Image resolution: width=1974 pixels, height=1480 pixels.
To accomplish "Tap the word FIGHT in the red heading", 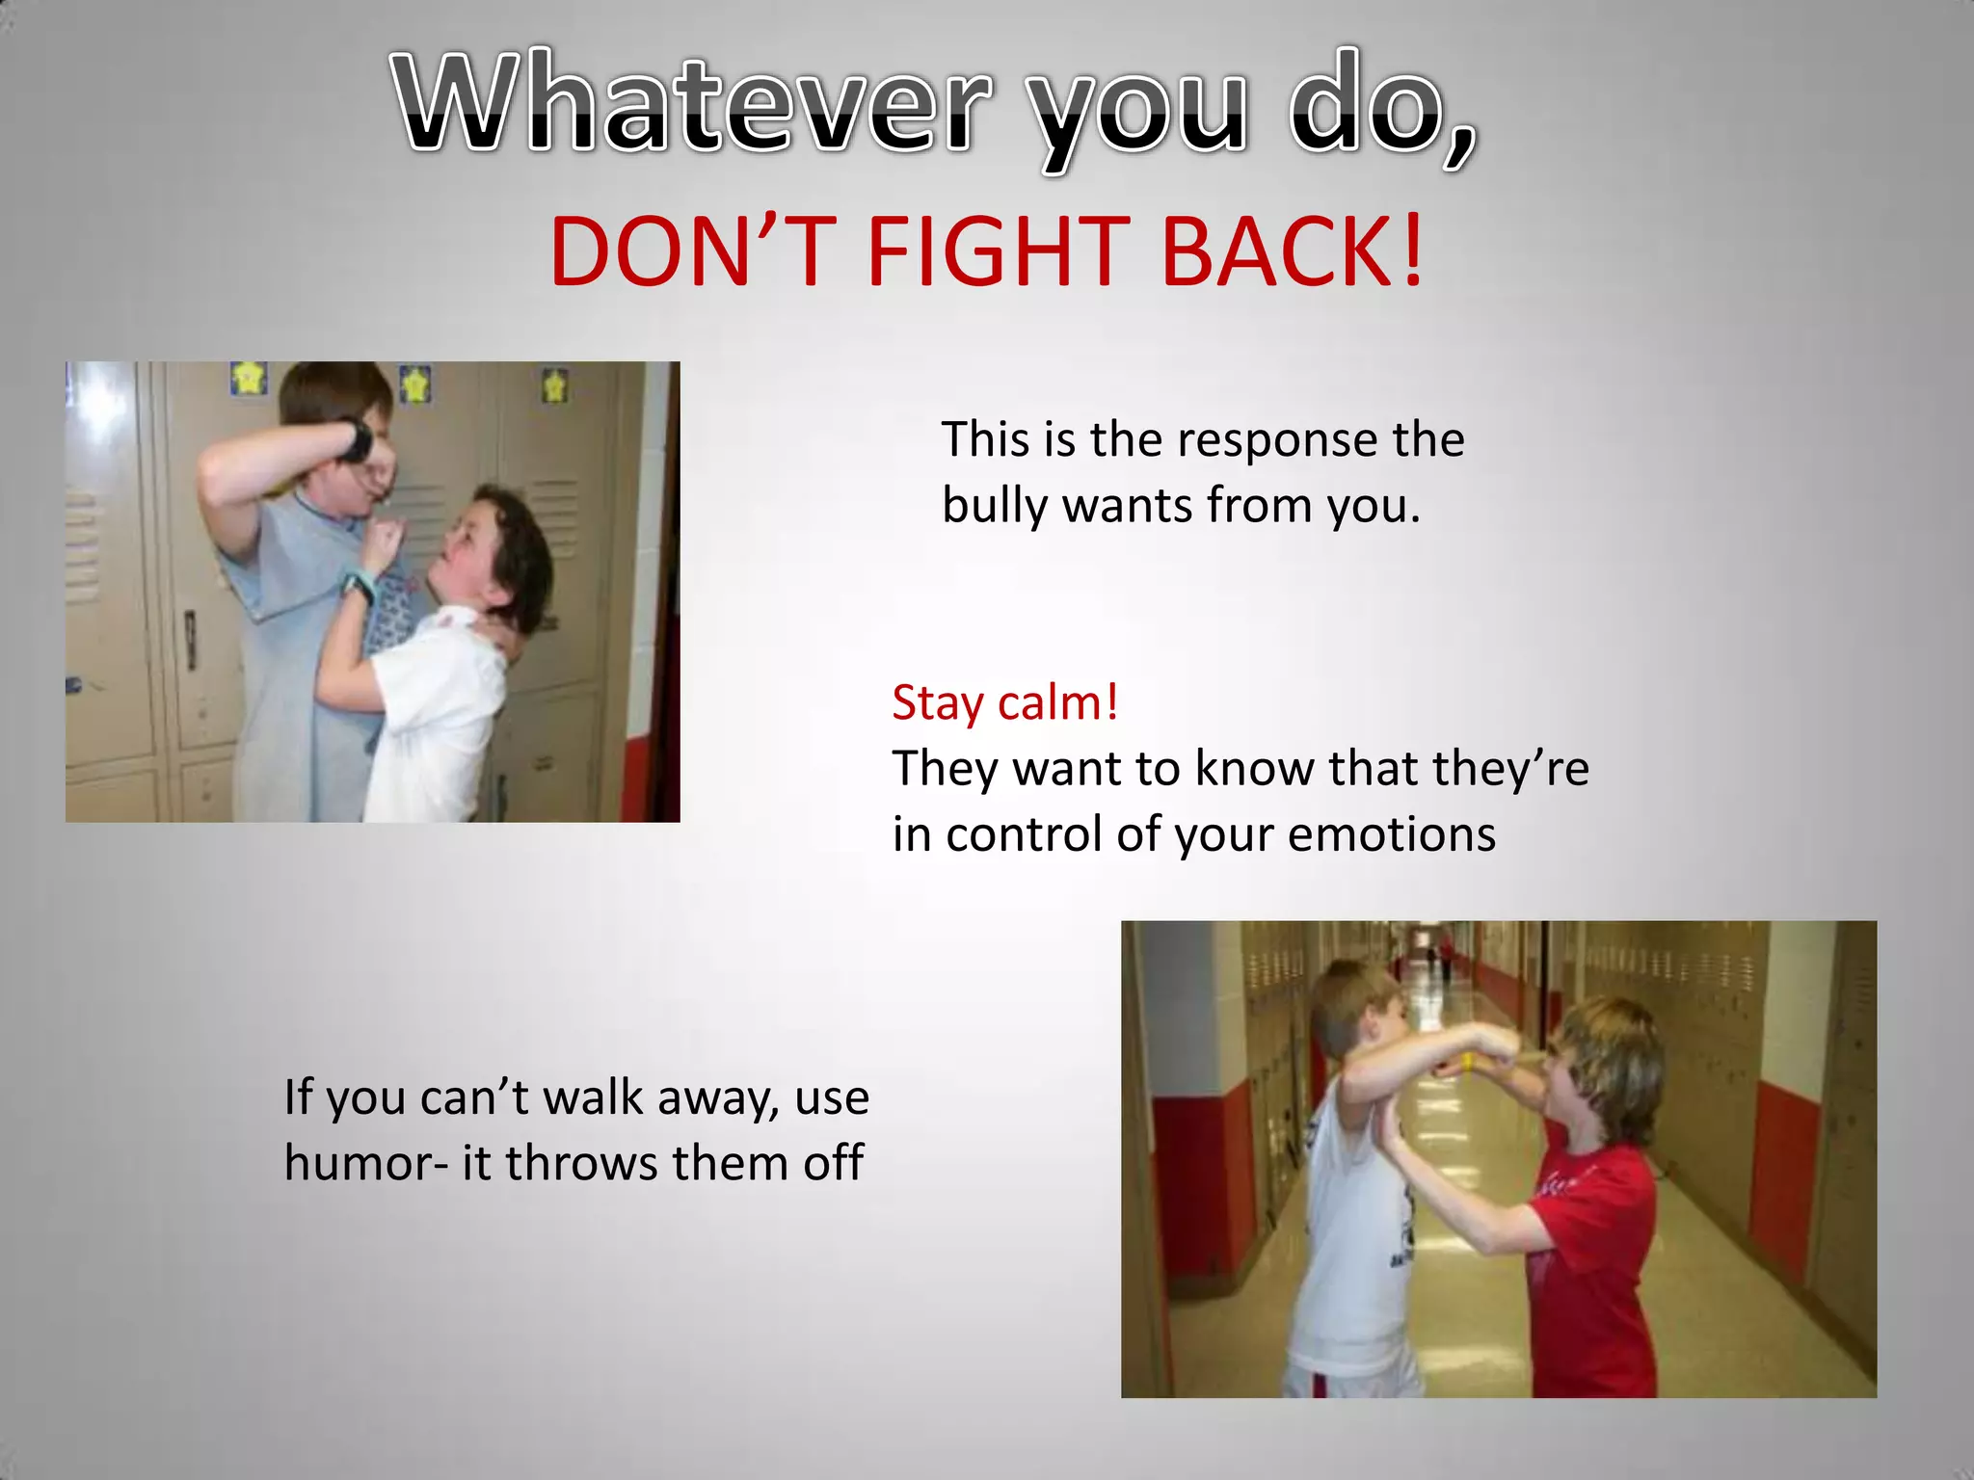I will pos(997,253).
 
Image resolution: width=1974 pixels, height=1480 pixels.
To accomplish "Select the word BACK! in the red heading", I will pos(1293,253).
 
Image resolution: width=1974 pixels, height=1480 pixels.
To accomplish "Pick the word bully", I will pos(993,507).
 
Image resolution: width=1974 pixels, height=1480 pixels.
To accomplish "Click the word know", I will pos(1253,769).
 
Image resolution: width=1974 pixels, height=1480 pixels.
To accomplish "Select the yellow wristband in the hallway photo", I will pos(1467,1063).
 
